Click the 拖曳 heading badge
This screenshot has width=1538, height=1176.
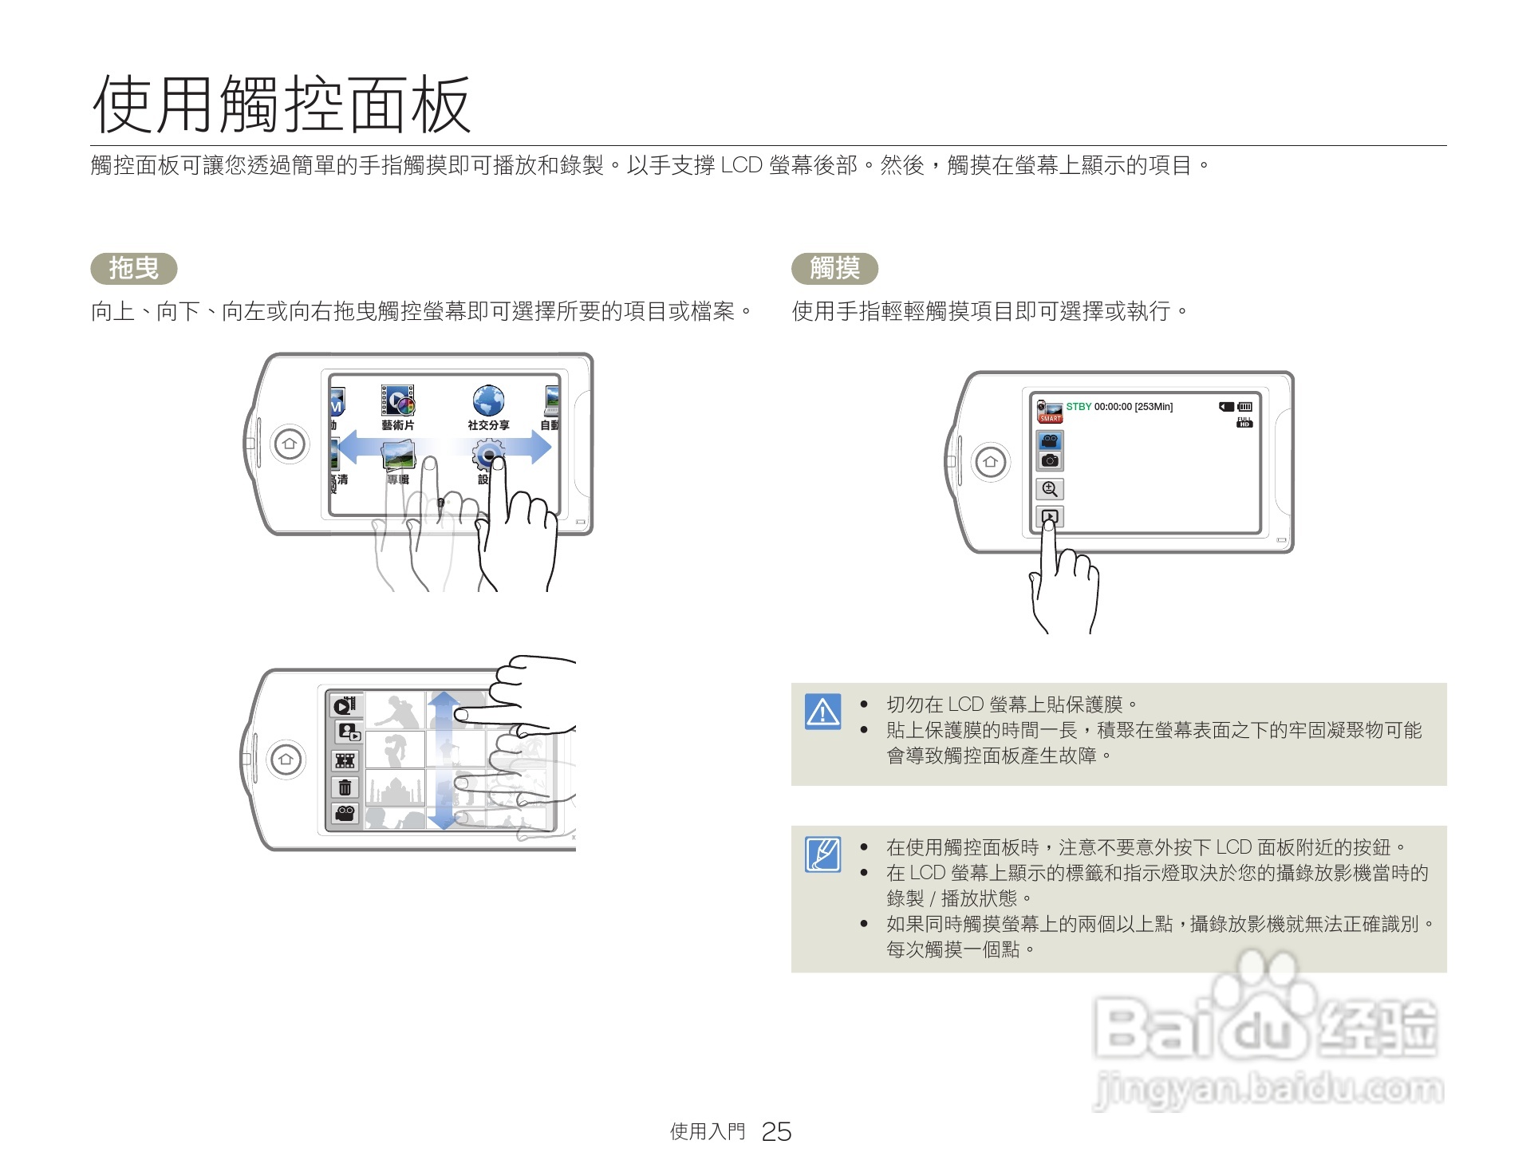[x=134, y=268]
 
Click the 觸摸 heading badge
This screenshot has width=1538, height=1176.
[x=834, y=268]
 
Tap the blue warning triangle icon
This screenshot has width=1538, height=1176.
[x=822, y=711]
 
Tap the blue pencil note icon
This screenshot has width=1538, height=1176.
[x=822, y=854]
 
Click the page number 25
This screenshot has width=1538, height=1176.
[x=775, y=1131]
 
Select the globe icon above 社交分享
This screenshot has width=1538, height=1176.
[x=488, y=401]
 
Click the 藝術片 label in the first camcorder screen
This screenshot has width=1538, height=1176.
[x=397, y=425]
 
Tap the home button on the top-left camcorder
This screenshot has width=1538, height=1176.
[x=290, y=444]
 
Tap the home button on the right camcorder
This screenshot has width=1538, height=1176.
[x=991, y=461]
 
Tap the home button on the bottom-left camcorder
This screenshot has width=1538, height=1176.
[x=286, y=759]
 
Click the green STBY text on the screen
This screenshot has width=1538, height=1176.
[x=1079, y=407]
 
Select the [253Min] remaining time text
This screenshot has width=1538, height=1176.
[x=1153, y=407]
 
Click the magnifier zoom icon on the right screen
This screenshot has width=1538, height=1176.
[x=1050, y=489]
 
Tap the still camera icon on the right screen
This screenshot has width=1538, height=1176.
[x=1050, y=460]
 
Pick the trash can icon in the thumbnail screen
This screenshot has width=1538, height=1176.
[x=345, y=787]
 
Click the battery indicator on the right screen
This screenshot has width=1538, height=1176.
[x=1245, y=407]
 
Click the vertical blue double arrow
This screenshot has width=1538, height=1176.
[x=444, y=760]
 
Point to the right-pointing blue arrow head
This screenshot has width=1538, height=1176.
[x=540, y=448]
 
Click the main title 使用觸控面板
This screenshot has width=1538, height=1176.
[x=281, y=105]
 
